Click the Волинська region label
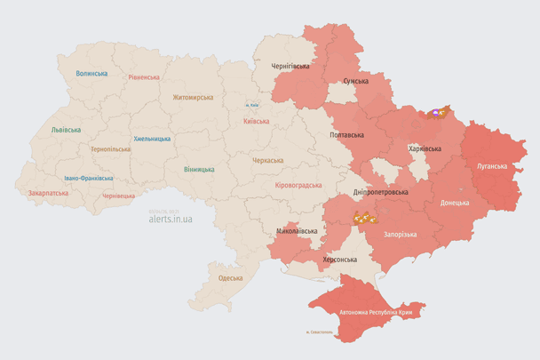tap(91, 74)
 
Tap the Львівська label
tap(66, 130)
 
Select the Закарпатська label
tap(48, 192)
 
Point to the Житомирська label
tap(193, 97)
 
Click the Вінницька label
tap(199, 169)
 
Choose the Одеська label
tap(230, 278)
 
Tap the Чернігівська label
tap(290, 66)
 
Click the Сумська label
tap(355, 81)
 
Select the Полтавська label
tap(346, 135)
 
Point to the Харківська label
tap(425, 148)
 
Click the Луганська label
tap(491, 165)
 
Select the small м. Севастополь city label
tap(317, 333)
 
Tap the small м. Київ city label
tap(252, 106)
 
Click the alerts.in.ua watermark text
tap(171, 218)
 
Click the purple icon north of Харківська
tap(436, 113)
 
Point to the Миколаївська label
tap(297, 231)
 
